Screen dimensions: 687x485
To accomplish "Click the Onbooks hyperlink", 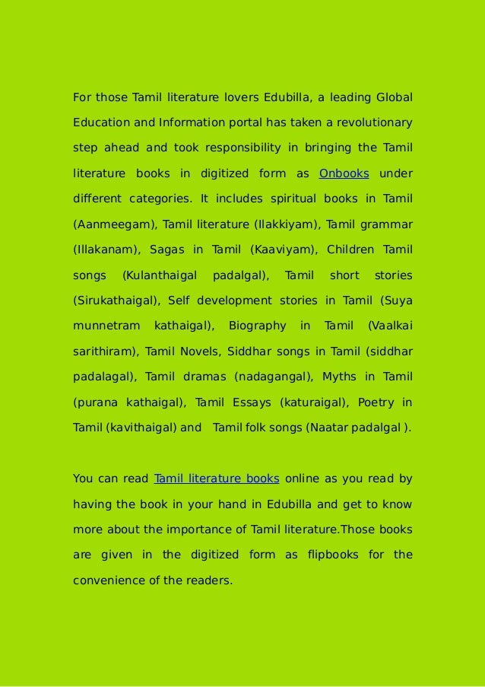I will tap(344, 173).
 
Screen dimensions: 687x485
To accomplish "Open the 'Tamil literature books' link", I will tap(217, 479).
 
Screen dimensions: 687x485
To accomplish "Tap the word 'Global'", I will tap(394, 97).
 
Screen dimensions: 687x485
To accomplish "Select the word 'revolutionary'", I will tap(374, 122).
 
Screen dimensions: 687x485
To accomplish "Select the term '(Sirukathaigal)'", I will tap(116, 301).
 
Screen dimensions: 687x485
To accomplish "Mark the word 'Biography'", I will tap(257, 326).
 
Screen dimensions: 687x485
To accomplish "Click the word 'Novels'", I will tap(199, 351).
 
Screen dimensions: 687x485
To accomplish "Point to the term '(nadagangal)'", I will tap(274, 377).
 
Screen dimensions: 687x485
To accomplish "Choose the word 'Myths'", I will tap(338, 377).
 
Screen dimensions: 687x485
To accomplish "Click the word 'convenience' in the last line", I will tap(109, 580).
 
